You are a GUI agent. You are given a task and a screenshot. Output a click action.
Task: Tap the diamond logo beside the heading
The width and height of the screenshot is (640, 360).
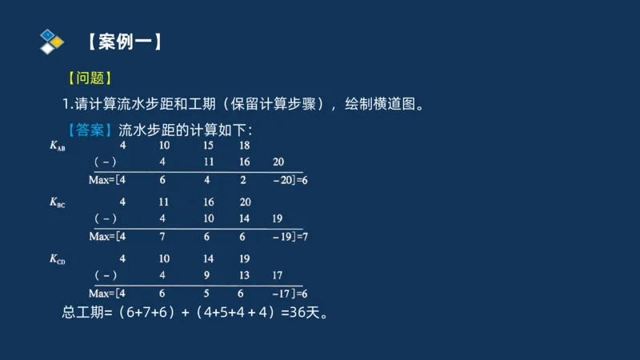click(50, 41)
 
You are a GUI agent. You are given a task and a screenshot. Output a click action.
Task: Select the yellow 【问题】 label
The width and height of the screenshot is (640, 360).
click(90, 78)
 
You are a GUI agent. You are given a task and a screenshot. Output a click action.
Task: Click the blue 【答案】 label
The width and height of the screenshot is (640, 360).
click(90, 130)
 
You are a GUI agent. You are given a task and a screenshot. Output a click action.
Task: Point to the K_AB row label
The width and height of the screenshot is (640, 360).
click(58, 146)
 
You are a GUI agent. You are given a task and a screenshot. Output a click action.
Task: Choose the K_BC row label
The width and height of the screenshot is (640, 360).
click(58, 203)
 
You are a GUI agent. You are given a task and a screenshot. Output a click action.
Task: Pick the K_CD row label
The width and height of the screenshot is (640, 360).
click(58, 259)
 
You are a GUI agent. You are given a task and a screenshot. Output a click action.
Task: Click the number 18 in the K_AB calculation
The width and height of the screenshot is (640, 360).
click(245, 146)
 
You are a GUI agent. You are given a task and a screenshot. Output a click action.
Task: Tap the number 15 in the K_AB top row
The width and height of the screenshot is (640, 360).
click(208, 146)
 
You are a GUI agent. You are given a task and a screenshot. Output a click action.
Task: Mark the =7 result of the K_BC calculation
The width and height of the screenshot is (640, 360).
click(302, 237)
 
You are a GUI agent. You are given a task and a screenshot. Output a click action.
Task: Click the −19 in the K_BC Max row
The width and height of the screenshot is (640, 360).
click(281, 237)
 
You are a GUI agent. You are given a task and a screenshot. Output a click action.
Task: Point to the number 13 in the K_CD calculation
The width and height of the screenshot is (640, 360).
click(245, 275)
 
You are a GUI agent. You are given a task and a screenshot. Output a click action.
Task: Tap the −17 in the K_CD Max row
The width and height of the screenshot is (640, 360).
click(281, 294)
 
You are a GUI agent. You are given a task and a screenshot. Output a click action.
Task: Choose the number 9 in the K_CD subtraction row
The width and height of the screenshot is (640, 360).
click(208, 275)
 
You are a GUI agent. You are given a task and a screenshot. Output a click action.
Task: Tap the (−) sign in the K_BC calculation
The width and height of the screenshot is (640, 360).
click(106, 218)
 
